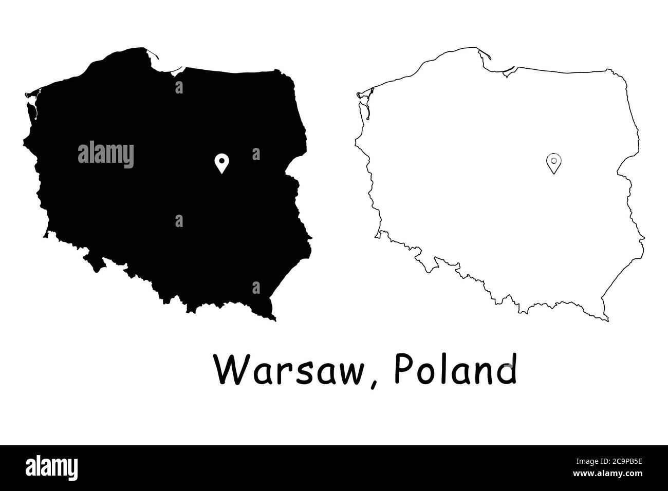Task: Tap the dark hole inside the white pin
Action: (221, 160)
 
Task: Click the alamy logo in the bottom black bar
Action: (52, 467)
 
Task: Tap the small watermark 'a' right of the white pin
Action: (256, 154)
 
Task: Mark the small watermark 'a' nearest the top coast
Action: (179, 87)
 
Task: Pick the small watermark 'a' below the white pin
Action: (179, 221)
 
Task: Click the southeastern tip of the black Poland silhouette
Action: (274, 319)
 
